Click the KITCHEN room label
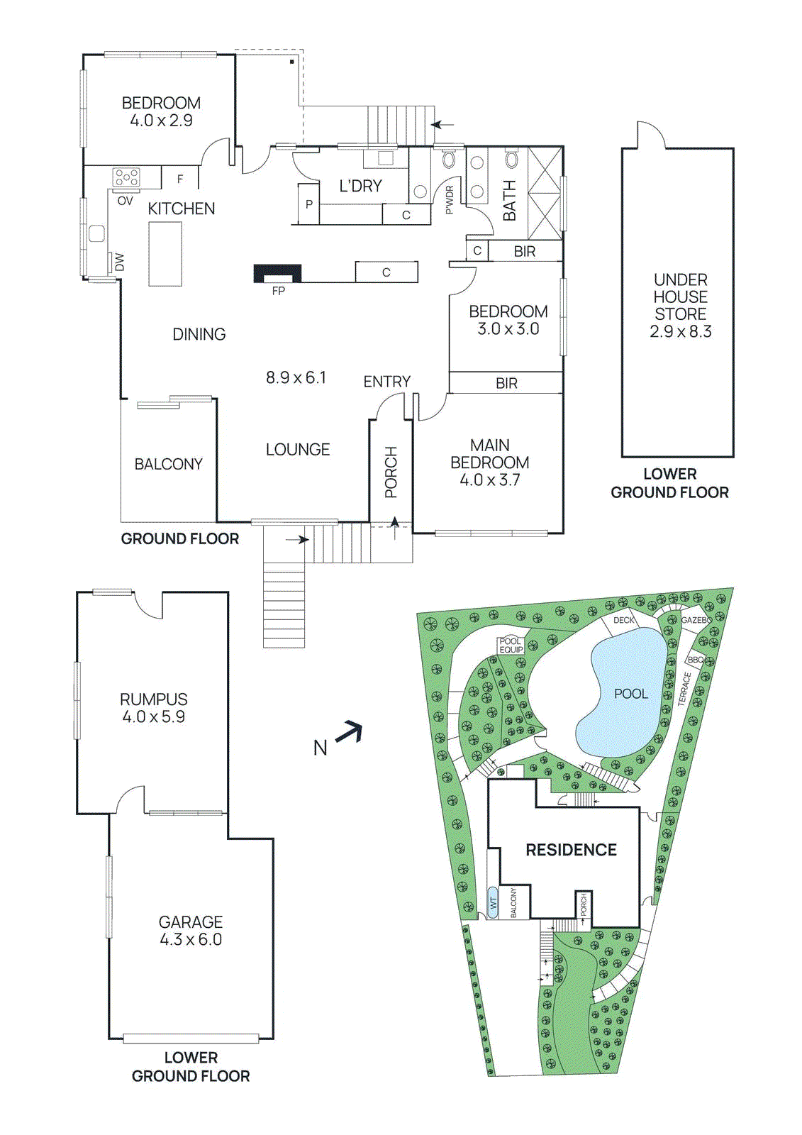pyautogui.click(x=181, y=209)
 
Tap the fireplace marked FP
pyautogui.click(x=278, y=274)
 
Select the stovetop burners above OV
pyautogui.click(x=127, y=177)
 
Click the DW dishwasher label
pyautogui.click(x=119, y=262)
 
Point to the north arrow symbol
pyautogui.click(x=349, y=733)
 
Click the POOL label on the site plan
pyautogui.click(x=630, y=694)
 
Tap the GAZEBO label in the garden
pyautogui.click(x=696, y=620)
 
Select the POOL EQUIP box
pyautogui.click(x=511, y=645)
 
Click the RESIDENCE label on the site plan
pyautogui.click(x=571, y=850)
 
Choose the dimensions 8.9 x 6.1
pyautogui.click(x=296, y=377)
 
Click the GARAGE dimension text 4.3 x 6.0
pyautogui.click(x=191, y=940)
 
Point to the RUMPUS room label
pyautogui.click(x=153, y=699)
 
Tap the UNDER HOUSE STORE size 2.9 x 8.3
pyautogui.click(x=680, y=331)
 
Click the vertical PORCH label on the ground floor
pyautogui.click(x=391, y=472)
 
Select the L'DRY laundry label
pyautogui.click(x=360, y=186)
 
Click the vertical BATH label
pyautogui.click(x=509, y=200)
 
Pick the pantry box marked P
pyautogui.click(x=309, y=204)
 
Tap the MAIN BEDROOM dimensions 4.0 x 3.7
pyautogui.click(x=489, y=480)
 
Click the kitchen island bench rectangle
pyautogui.click(x=165, y=254)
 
